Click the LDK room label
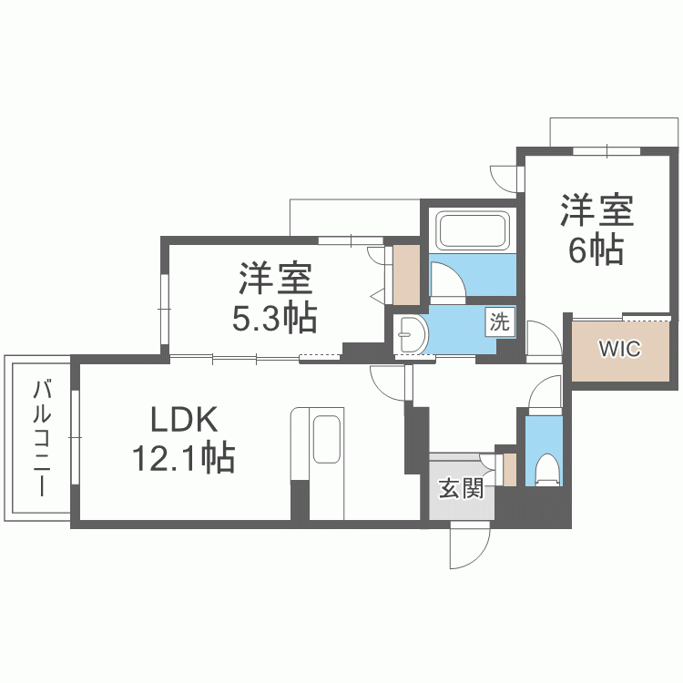pyautogui.click(x=184, y=420)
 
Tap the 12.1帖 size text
pyautogui.click(x=184, y=458)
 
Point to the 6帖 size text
pyautogui.click(x=596, y=249)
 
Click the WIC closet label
pyautogui.click(x=618, y=348)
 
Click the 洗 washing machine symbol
pyautogui.click(x=500, y=321)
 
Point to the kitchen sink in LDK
pyautogui.click(x=326, y=441)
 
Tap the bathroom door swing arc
pyautogui.click(x=446, y=280)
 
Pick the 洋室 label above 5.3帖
pyautogui.click(x=274, y=277)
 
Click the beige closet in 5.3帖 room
pyautogui.click(x=405, y=274)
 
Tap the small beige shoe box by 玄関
pyautogui.click(x=509, y=468)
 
